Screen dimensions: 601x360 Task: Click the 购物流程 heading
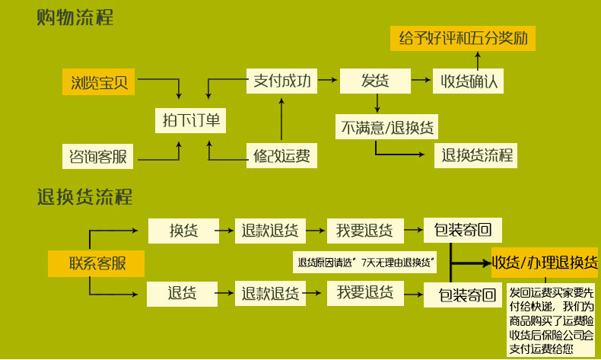(75, 18)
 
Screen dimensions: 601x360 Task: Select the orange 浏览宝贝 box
(98, 81)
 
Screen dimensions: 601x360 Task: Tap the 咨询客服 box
(97, 157)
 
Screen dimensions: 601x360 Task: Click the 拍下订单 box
(190, 120)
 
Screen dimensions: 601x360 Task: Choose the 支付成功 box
(281, 81)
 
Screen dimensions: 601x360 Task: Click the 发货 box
(375, 81)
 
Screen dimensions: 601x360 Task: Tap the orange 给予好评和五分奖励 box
(463, 37)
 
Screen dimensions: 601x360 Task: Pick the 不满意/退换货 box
(388, 126)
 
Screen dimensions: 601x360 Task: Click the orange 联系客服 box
(97, 263)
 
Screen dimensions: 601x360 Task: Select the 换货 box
(183, 230)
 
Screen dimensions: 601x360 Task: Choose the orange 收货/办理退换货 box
(545, 263)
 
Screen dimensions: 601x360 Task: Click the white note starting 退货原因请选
(366, 263)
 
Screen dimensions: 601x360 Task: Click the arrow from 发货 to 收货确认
(421, 80)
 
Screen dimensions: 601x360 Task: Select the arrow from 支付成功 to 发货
(326, 80)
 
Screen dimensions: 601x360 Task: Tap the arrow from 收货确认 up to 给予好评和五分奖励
(478, 61)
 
